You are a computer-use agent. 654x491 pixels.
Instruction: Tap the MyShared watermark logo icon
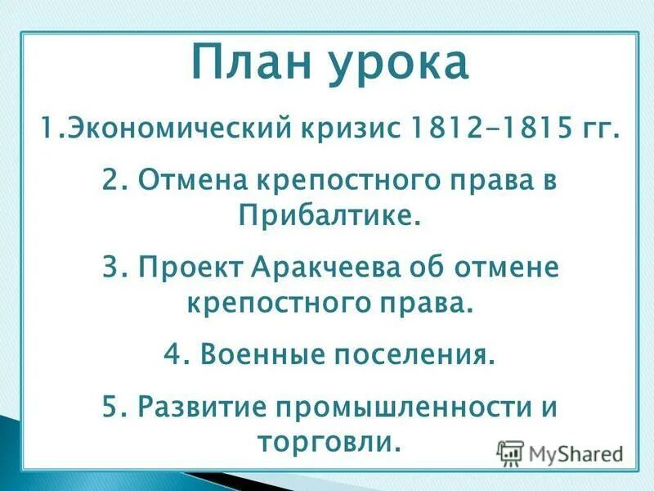[511, 452]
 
